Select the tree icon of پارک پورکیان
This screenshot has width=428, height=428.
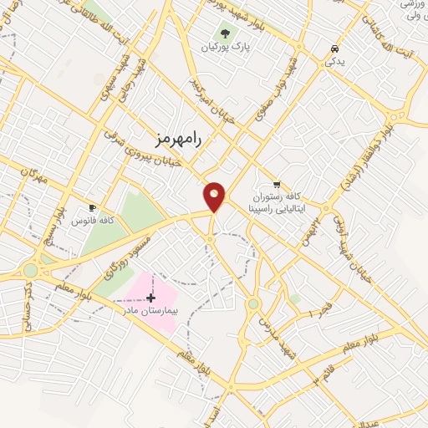[223, 34]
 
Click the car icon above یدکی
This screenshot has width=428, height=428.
[334, 48]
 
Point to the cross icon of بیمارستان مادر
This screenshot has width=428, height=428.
[150, 298]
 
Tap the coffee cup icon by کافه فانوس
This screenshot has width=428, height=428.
[92, 207]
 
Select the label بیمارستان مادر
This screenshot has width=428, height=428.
[150, 310]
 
